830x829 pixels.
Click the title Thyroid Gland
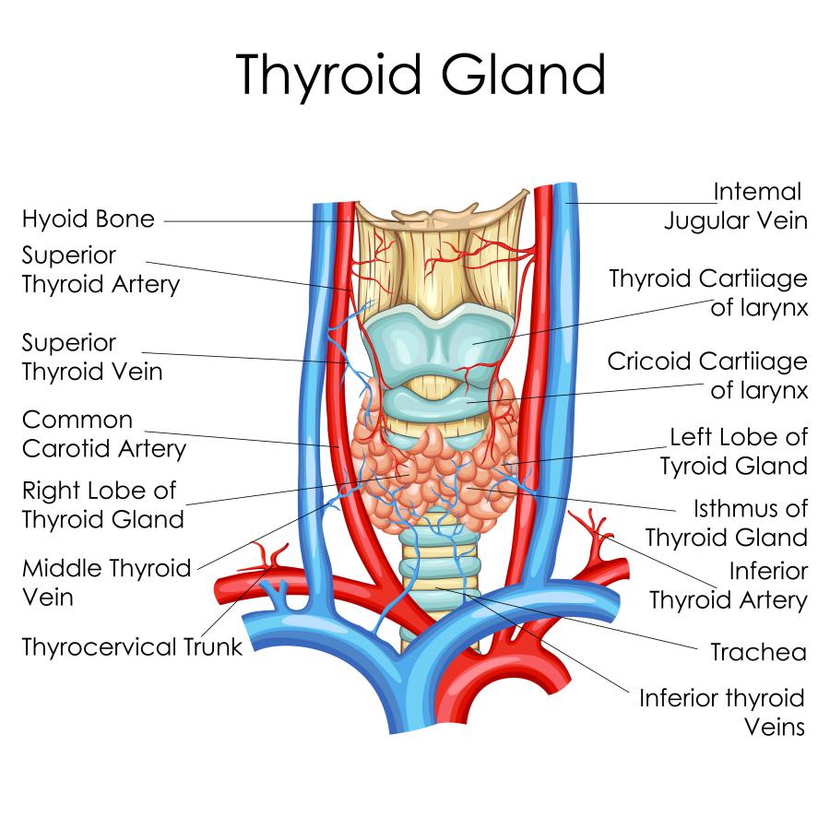point(421,76)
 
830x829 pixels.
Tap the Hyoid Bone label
point(89,219)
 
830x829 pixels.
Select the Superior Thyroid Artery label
point(101,268)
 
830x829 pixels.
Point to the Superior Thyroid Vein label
point(92,357)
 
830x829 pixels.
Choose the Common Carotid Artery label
point(103,434)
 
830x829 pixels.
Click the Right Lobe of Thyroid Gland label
point(102,504)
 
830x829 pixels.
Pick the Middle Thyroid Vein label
point(106,582)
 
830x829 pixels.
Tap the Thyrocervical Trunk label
point(132,646)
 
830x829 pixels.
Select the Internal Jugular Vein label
point(736,206)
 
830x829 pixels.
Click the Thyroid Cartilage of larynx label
point(708,292)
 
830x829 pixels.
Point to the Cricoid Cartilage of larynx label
point(707,374)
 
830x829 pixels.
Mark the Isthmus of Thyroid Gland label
point(727,522)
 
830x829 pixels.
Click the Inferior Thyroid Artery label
point(729,586)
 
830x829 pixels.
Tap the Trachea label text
point(758,653)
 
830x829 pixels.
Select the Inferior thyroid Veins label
point(722,712)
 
